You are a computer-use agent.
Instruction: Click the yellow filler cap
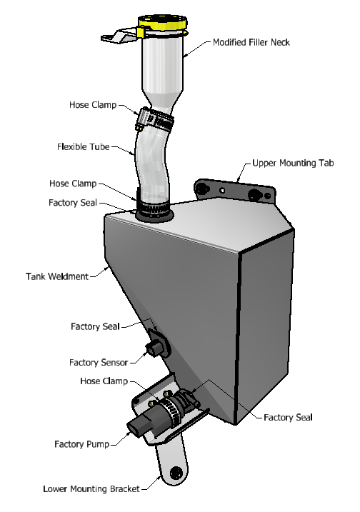[162, 23]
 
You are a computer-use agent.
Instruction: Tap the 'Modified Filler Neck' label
[251, 42]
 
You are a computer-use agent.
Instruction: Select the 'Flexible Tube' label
[84, 147]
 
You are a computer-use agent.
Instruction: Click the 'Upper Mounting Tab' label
[293, 163]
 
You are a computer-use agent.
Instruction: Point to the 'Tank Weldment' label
[57, 276]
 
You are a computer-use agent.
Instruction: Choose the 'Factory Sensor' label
[99, 363]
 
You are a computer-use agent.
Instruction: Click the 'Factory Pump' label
[81, 444]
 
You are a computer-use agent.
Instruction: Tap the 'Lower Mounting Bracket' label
[91, 489]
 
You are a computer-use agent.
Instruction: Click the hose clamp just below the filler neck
[154, 120]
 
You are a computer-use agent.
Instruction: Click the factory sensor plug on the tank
[154, 348]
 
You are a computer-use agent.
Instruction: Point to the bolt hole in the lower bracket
[176, 472]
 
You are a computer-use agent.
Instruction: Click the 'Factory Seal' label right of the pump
[288, 418]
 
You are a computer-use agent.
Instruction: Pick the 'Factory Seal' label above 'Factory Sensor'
[95, 326]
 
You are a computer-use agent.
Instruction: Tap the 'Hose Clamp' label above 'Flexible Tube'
[93, 105]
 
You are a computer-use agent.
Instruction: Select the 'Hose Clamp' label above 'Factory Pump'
[104, 381]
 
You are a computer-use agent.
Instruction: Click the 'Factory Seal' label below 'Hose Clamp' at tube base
[73, 203]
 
